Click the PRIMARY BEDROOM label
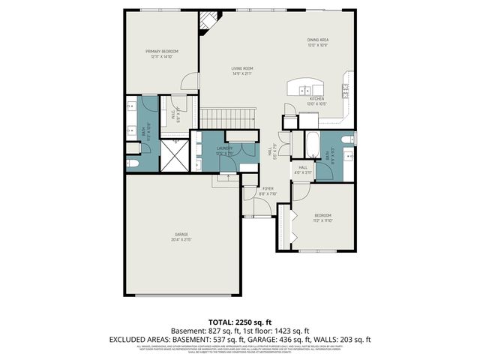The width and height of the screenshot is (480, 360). pyautogui.click(x=162, y=53)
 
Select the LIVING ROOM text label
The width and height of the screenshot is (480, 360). pyautogui.click(x=242, y=70)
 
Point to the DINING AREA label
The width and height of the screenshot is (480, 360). pyautogui.click(x=318, y=42)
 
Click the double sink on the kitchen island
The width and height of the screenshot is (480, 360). pyautogui.click(x=307, y=91)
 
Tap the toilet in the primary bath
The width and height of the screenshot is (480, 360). pyautogui.click(x=132, y=163)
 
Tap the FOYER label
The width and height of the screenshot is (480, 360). pyautogui.click(x=267, y=190)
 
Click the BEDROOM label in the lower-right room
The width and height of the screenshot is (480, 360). pyautogui.click(x=322, y=217)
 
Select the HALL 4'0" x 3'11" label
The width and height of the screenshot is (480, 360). pyautogui.click(x=303, y=170)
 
